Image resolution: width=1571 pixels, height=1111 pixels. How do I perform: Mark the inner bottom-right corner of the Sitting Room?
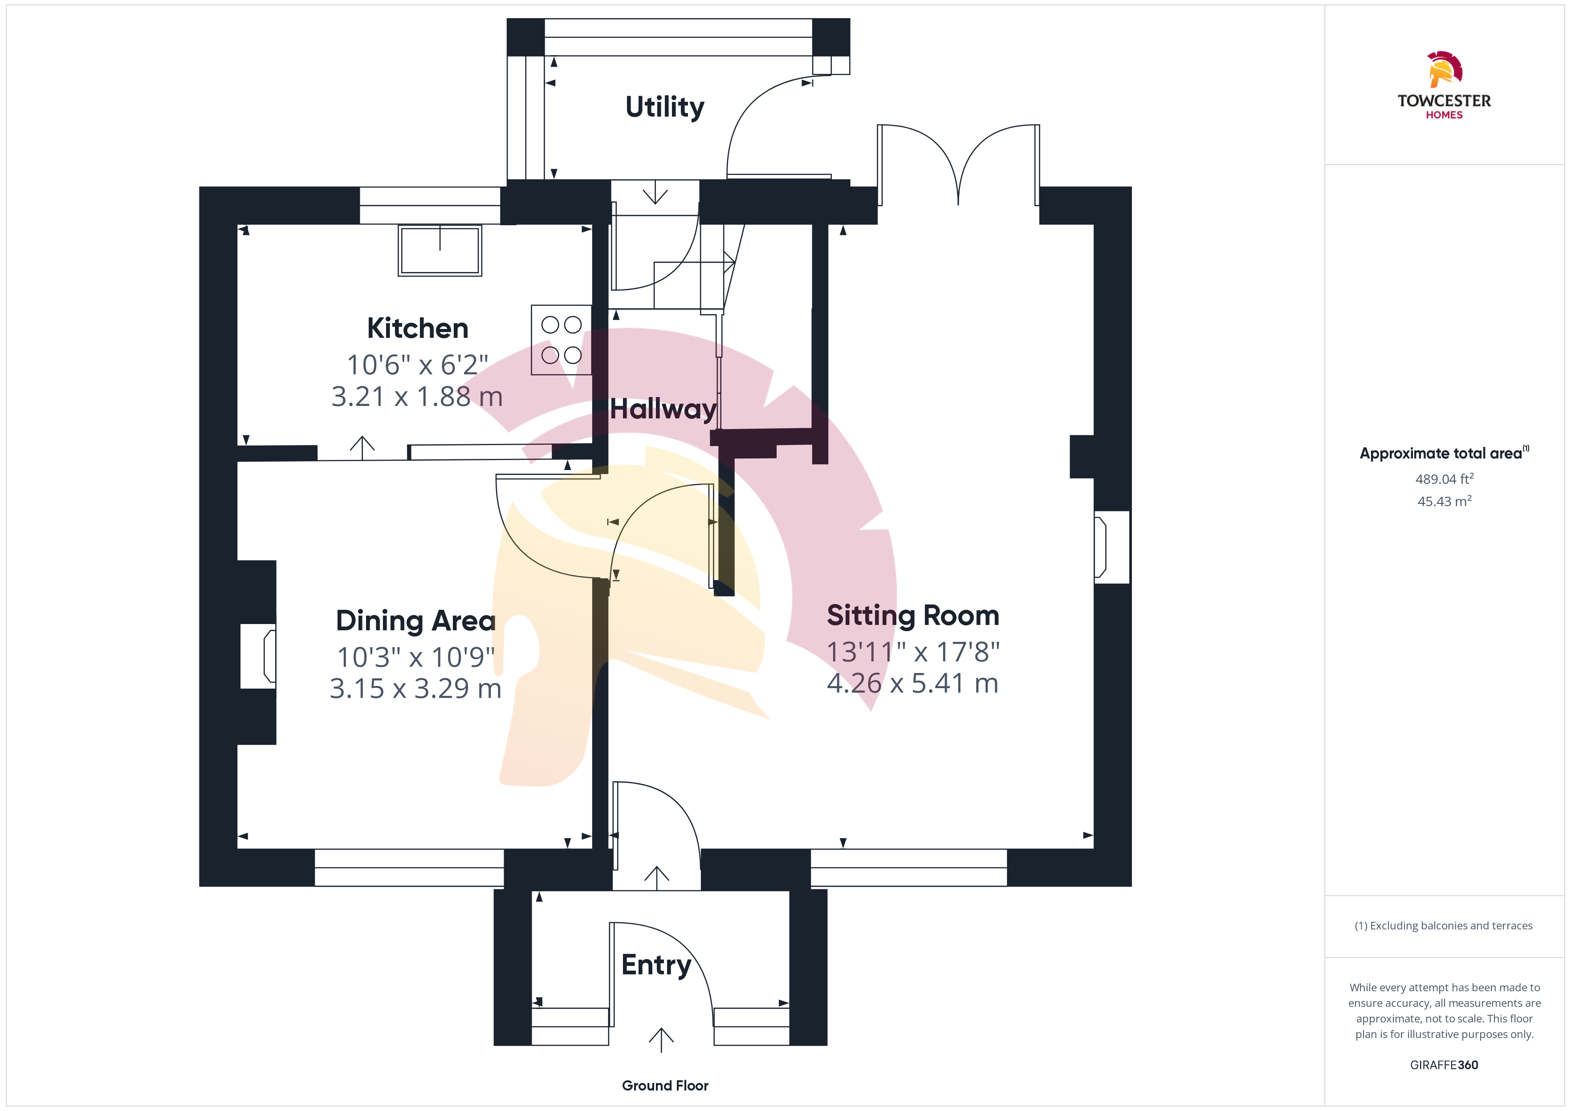click(1093, 848)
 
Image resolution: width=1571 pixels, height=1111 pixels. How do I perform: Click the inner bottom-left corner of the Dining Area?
click(237, 848)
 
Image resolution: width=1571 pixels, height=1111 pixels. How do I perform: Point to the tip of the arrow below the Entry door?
click(661, 1028)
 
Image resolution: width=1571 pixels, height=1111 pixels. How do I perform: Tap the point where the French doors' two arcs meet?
click(959, 204)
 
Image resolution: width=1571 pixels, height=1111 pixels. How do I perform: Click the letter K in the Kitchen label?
click(376, 328)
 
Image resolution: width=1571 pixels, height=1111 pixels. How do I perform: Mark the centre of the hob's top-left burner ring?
click(550, 325)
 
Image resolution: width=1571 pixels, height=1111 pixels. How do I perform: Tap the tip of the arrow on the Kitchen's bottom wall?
click(362, 437)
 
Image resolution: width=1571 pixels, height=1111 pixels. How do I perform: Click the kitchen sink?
click(440, 251)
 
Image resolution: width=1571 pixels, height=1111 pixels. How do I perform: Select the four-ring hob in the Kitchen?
click(561, 340)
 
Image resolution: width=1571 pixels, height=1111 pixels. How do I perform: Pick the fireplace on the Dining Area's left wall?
click(258, 656)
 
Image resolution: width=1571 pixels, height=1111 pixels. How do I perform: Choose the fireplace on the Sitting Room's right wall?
click(1111, 547)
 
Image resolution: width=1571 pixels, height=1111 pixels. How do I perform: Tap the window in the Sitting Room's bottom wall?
click(909, 868)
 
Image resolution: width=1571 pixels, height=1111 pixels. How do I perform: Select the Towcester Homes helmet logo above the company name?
click(1445, 69)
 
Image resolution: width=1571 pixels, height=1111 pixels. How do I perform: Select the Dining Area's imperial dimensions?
click(416, 657)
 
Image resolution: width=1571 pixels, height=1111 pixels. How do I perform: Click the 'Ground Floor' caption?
click(665, 1086)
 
